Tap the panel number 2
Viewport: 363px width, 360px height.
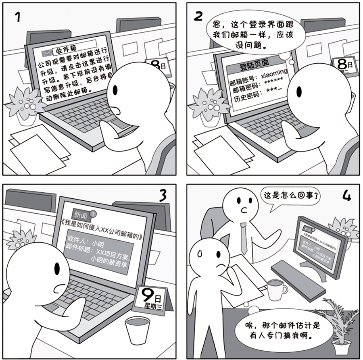(x=198, y=16)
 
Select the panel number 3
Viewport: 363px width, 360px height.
(x=162, y=196)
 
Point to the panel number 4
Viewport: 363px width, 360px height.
(x=346, y=196)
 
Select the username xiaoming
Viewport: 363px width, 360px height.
(x=274, y=74)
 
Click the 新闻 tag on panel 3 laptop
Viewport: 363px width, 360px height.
(x=79, y=215)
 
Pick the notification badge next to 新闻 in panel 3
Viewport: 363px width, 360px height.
(x=93, y=213)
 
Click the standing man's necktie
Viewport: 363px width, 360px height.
(x=243, y=238)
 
